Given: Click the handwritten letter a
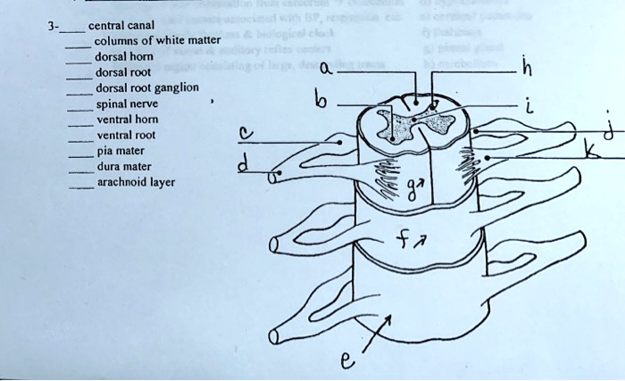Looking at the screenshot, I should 326,68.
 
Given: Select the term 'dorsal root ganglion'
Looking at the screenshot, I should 146,87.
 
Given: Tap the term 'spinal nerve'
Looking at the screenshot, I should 125,104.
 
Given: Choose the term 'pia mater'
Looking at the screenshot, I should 119,151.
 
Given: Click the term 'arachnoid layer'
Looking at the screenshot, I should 135,183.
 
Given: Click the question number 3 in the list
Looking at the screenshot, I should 51,24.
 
